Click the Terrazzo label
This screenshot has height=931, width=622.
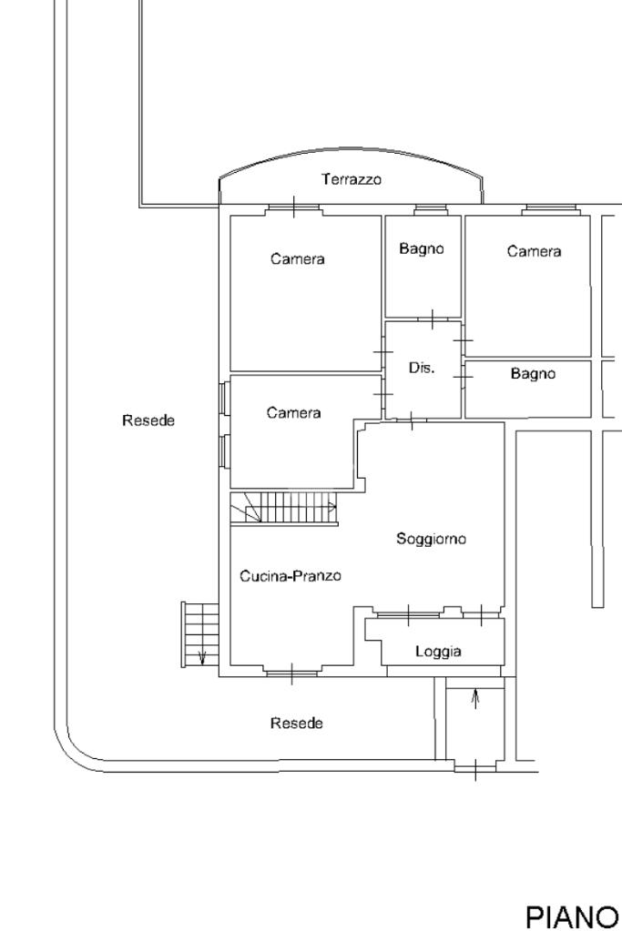pyautogui.click(x=352, y=180)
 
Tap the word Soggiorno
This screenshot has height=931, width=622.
pyautogui.click(x=431, y=539)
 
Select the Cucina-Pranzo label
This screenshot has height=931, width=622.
pyautogui.click(x=291, y=576)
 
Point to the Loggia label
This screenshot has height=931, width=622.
pyautogui.click(x=438, y=652)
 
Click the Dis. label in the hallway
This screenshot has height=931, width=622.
pyautogui.click(x=422, y=369)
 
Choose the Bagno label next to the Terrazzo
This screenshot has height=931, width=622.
pyautogui.click(x=422, y=248)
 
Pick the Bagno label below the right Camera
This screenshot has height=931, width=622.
pyautogui.click(x=533, y=373)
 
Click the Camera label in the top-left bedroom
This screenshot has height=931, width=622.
pyautogui.click(x=297, y=259)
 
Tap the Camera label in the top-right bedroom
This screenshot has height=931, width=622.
pyautogui.click(x=534, y=251)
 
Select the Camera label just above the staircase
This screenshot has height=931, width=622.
pyautogui.click(x=293, y=413)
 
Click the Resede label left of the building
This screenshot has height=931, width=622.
pyautogui.click(x=148, y=420)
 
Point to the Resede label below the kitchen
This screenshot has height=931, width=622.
pyautogui.click(x=296, y=724)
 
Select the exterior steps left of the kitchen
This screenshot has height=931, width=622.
pyautogui.click(x=201, y=634)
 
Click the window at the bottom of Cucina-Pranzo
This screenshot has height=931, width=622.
pyautogui.click(x=291, y=673)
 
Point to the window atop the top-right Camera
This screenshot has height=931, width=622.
pyautogui.click(x=551, y=210)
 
